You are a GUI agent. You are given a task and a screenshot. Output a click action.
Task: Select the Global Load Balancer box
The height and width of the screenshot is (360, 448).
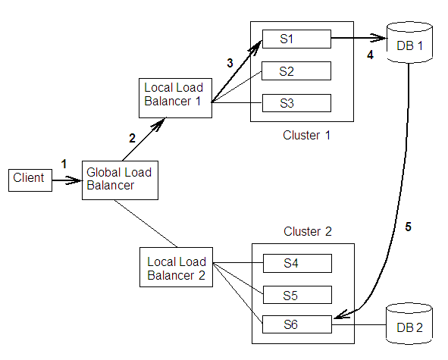(x=119, y=179)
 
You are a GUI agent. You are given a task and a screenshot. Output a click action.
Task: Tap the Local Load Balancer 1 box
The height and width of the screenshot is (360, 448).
(x=174, y=95)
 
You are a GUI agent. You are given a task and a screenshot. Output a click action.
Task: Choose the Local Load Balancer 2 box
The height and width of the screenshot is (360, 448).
(x=176, y=268)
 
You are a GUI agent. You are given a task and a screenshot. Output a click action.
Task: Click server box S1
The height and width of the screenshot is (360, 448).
(x=296, y=38)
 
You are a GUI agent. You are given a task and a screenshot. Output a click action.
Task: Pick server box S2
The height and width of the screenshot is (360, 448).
(x=296, y=71)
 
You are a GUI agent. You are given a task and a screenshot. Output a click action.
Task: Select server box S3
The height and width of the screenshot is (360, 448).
(x=296, y=102)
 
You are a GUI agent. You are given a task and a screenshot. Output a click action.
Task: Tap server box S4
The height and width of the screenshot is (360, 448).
(x=296, y=264)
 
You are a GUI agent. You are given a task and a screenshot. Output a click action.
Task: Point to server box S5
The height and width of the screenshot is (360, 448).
(x=296, y=294)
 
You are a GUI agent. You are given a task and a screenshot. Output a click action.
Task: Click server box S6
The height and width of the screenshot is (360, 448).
(x=296, y=325)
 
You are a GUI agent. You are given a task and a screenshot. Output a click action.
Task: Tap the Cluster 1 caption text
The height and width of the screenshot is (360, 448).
(x=307, y=136)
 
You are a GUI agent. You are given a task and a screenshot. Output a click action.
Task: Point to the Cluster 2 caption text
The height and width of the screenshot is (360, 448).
(x=307, y=231)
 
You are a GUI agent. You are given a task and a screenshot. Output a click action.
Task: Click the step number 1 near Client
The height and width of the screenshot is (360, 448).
(x=64, y=164)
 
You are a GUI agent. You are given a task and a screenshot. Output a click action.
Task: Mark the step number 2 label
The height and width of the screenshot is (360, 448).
(x=131, y=138)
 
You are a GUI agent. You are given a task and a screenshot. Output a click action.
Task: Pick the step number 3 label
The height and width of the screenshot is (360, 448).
(x=230, y=64)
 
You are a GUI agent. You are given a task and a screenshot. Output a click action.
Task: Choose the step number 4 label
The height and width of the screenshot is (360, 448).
(x=371, y=55)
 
